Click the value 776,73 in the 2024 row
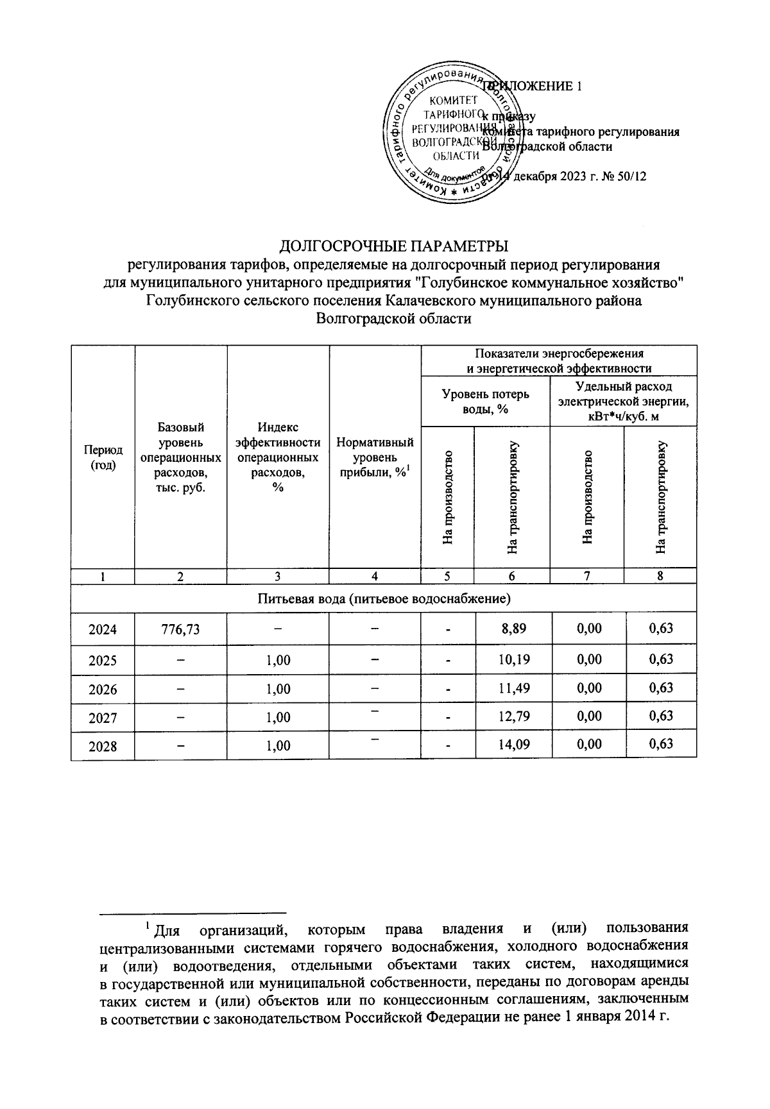click(180, 629)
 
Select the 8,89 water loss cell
click(513, 629)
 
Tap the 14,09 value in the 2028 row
click(513, 745)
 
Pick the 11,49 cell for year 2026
click(513, 688)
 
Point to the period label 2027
click(103, 717)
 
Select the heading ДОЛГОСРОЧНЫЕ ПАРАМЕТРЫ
click(395, 246)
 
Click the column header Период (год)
click(103, 457)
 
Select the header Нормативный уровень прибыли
click(375, 457)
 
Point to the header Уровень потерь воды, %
click(485, 402)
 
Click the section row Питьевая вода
click(383, 599)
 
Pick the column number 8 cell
click(660, 576)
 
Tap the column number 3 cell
click(277, 576)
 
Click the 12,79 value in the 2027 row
click(513, 716)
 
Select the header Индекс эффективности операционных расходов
click(277, 457)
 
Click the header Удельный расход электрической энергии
click(623, 402)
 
